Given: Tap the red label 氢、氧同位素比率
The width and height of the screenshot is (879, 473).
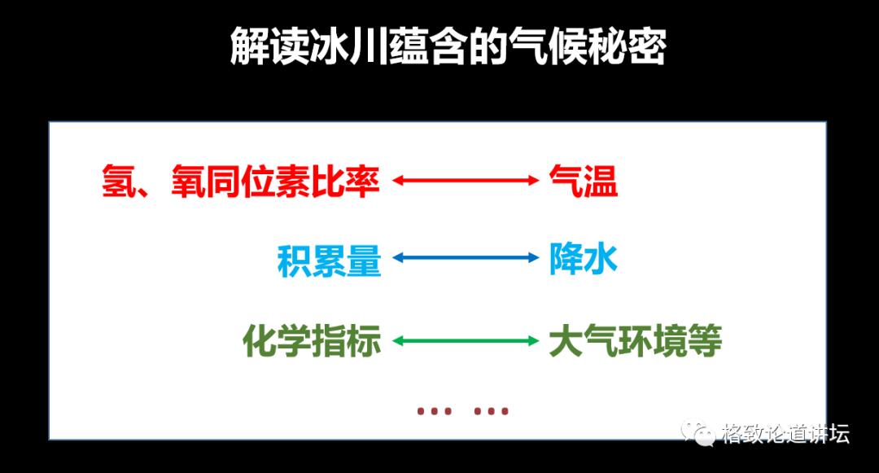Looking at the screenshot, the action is pos(241,181).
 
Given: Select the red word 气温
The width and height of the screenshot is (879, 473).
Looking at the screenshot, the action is pos(583,181).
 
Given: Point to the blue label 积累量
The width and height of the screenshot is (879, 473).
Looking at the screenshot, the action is pos(330,260).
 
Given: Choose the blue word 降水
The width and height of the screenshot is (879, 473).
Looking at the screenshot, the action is pos(583,260).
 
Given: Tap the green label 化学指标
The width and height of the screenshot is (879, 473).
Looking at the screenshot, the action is pos(313,341).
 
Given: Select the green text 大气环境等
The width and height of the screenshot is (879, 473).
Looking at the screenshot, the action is pos(635,341).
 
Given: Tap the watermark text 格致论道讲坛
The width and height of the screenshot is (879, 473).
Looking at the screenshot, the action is pos(785,433).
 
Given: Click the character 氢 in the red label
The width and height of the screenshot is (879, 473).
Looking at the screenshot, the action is pos(119,181).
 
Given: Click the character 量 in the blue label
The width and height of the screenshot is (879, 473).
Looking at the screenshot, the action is pos(364,260).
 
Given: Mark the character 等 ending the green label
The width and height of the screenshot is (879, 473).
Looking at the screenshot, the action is pos(705,341).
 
